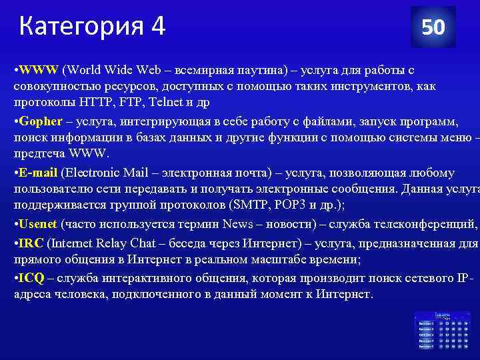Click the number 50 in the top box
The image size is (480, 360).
point(433,27)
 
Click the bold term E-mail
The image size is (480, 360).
point(39,173)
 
